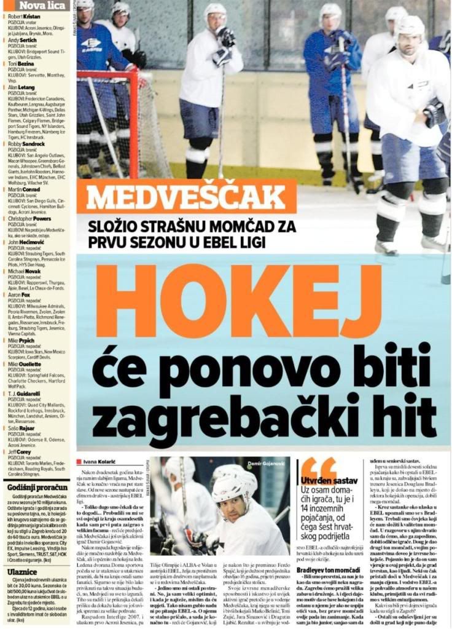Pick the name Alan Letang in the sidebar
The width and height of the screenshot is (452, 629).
pos(22,88)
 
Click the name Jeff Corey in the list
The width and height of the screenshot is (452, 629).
pos(20,452)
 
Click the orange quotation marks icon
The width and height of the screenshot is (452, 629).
pos(318,467)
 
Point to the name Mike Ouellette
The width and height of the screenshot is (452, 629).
pos(25,364)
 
